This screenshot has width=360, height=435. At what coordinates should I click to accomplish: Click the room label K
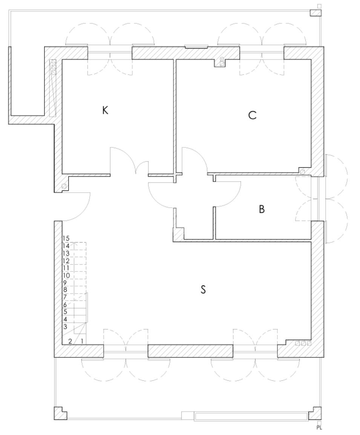(105, 110)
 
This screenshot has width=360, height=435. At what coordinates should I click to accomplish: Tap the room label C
(253, 115)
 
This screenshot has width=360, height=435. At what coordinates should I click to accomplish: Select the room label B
(262, 209)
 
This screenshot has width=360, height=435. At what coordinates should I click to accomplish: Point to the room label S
(203, 289)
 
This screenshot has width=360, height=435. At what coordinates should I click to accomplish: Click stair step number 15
(66, 238)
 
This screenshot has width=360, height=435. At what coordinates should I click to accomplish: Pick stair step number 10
(66, 276)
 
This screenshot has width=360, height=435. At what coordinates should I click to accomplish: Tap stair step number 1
(82, 341)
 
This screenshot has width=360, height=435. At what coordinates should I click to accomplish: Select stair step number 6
(65, 305)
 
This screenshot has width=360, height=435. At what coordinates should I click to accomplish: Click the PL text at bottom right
(319, 428)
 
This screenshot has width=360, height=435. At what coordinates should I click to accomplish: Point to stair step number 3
(65, 326)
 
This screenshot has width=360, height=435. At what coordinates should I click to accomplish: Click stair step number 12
(66, 261)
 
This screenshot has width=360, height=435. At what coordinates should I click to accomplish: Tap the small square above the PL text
(319, 422)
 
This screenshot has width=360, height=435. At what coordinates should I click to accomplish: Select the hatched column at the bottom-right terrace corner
(316, 414)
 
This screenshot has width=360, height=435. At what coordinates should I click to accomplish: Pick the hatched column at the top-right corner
(316, 13)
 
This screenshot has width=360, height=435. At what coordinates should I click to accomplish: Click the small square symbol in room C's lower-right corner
(303, 172)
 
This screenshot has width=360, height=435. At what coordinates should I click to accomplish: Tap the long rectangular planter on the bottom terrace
(251, 417)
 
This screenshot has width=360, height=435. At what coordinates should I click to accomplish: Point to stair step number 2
(70, 341)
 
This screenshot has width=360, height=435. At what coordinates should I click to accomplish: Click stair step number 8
(65, 289)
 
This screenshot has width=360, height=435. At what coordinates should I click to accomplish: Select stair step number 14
(66, 246)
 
